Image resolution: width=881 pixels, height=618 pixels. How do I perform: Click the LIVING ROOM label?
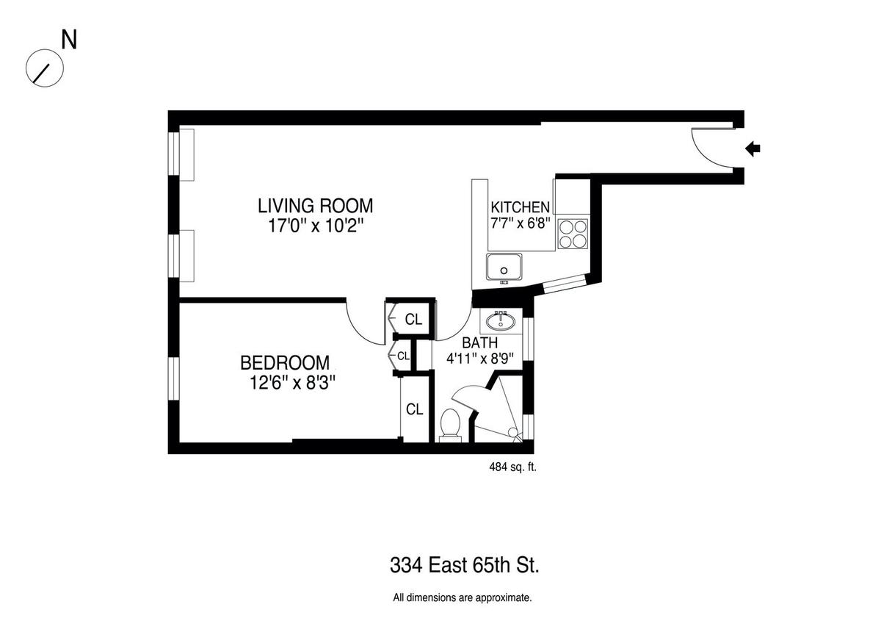[315, 206]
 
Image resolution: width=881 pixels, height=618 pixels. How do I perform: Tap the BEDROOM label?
[285, 363]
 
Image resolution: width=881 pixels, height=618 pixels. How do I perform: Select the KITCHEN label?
[520, 207]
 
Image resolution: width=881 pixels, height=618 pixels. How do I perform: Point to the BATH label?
[479, 343]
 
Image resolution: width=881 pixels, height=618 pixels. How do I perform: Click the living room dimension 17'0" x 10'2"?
[316, 226]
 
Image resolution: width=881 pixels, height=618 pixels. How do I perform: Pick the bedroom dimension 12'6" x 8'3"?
[293, 382]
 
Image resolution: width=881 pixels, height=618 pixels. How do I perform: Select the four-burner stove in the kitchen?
[573, 234]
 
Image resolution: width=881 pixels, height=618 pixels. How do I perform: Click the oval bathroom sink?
[501, 321]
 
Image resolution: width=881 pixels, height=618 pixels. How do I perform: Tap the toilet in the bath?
[450, 426]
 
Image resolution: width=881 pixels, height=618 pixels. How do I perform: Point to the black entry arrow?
[753, 148]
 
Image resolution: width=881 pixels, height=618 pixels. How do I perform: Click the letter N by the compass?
[69, 40]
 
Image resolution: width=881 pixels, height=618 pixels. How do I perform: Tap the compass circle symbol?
[45, 68]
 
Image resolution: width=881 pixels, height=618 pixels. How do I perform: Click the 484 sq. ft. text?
[513, 467]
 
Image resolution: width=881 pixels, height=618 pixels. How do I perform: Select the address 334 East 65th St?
[465, 565]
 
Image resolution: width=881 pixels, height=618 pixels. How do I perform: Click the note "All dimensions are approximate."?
[463, 598]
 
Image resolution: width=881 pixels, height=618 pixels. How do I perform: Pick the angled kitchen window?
[565, 284]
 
